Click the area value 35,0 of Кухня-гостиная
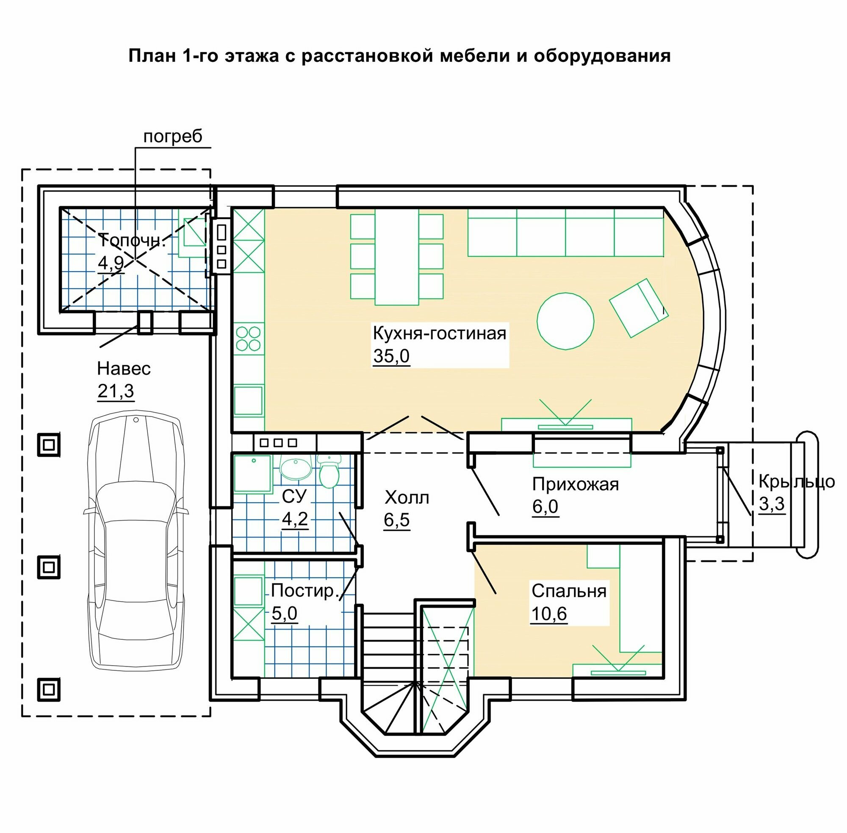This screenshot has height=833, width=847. [x=391, y=356]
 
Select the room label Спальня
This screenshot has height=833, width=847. [x=569, y=591]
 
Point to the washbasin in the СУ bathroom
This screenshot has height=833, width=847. [x=296, y=468]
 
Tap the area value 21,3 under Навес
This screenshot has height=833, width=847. [x=116, y=391]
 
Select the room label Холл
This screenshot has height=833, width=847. [x=407, y=497]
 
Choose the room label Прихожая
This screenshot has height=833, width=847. [x=576, y=484]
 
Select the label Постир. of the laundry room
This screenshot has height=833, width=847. [x=305, y=591]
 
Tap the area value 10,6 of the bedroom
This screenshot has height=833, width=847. [x=549, y=614]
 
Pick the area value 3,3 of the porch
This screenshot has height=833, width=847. [x=772, y=504]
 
